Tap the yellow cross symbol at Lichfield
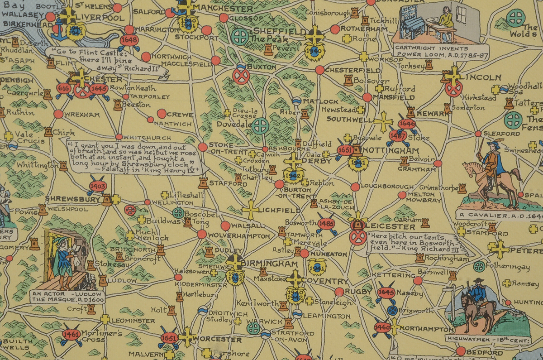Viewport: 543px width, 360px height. click(250, 210)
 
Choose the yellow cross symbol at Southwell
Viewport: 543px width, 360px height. click(383, 121)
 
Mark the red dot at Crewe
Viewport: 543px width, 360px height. click(162, 114)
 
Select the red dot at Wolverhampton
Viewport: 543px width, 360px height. click(202, 234)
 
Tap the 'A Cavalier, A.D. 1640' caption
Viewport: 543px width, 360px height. click(498, 215)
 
